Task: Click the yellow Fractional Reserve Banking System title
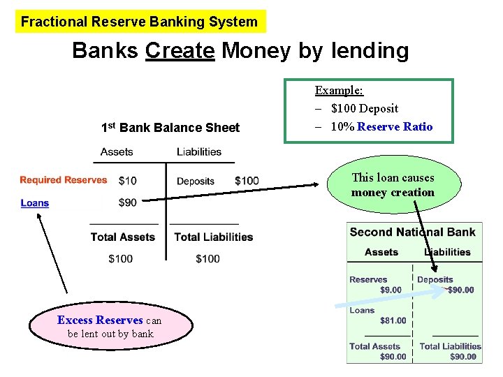click(x=140, y=22)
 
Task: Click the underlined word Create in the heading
click(x=180, y=50)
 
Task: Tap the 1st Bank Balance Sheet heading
click(x=170, y=128)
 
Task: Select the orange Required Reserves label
click(x=64, y=180)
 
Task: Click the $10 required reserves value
click(x=127, y=182)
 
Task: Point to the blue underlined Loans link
click(x=35, y=203)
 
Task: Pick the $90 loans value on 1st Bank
click(x=127, y=202)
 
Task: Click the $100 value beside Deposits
click(x=247, y=182)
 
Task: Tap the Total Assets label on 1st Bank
click(x=122, y=237)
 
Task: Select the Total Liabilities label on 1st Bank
click(x=213, y=237)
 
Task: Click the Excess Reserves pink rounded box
click(x=110, y=327)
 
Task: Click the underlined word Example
click(x=339, y=90)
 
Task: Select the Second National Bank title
click(x=412, y=232)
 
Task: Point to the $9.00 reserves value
click(x=391, y=290)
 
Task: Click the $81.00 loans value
click(x=393, y=320)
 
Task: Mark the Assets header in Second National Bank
click(x=381, y=252)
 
